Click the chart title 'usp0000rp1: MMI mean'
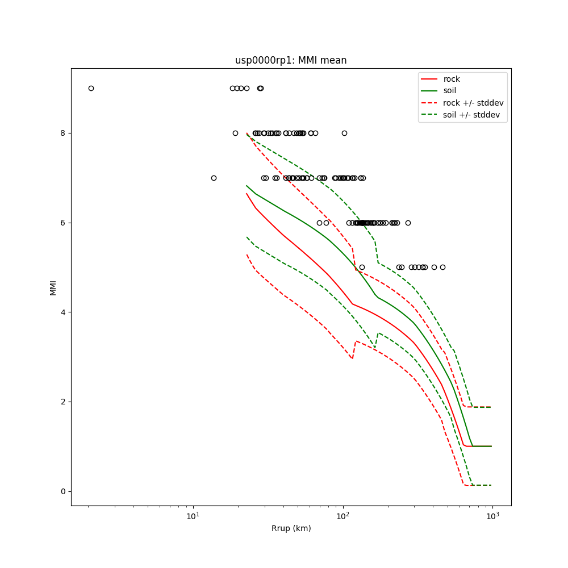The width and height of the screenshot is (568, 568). (291, 60)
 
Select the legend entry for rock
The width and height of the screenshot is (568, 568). (452, 79)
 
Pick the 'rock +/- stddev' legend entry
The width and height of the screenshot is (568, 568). (473, 103)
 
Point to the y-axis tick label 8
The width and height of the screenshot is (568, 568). (63, 133)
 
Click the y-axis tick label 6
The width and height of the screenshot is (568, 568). (63, 223)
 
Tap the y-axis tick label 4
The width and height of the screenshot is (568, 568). (63, 312)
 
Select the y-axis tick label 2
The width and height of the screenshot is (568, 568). (63, 402)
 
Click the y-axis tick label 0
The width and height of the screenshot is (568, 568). (63, 491)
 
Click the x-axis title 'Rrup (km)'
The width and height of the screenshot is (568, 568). (291, 528)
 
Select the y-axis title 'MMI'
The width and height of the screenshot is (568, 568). (53, 287)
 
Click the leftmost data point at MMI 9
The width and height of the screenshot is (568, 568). (91, 88)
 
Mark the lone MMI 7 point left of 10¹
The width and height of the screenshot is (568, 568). (214, 178)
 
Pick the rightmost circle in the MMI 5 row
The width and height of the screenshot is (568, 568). (442, 267)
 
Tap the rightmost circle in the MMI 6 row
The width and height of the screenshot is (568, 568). (408, 223)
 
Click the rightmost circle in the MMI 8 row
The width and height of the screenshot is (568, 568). (344, 133)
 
